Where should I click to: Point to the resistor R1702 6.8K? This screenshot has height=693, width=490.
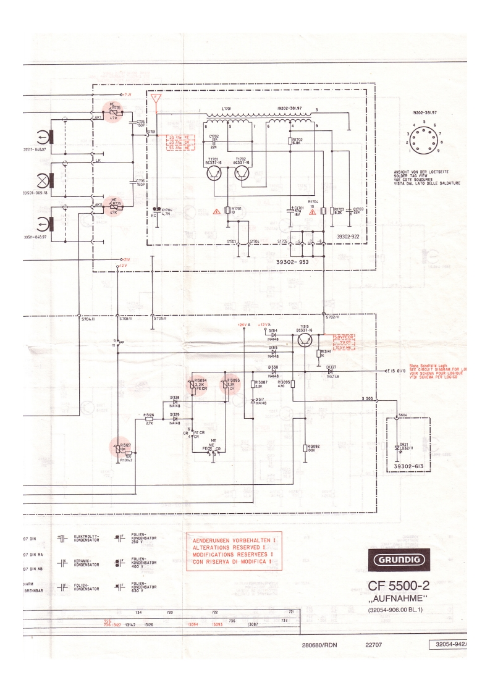(290, 141)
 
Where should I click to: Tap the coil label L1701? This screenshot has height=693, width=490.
(226, 107)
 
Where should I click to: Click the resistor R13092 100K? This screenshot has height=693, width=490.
(306, 447)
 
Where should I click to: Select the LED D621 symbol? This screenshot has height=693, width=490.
(396, 447)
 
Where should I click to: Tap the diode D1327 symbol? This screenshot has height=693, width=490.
(331, 371)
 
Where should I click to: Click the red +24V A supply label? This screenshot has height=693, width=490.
(243, 324)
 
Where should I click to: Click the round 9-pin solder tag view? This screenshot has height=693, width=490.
(424, 137)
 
